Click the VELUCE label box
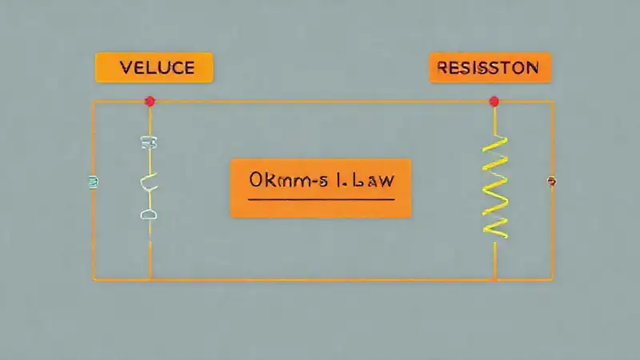154,67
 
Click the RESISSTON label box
490,68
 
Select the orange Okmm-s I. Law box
321,188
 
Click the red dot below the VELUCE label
150,101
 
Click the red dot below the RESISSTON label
494,101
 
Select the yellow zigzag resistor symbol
496,186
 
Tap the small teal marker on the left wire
93,182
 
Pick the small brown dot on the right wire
551,182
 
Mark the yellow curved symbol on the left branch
150,183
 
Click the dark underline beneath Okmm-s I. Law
321,198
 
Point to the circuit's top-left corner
94,102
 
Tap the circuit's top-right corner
553,102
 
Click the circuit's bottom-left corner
94,279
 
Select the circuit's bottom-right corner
553,279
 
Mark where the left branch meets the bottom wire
150,279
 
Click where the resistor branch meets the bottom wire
495,279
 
